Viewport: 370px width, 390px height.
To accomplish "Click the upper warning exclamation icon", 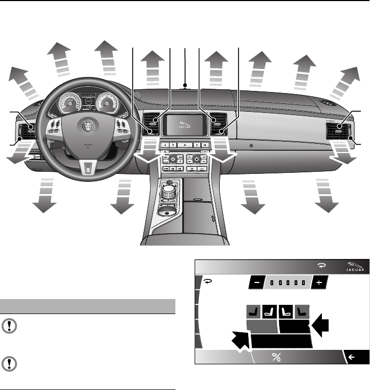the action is click(10, 326).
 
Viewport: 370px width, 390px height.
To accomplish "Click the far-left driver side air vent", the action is click(25, 132).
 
